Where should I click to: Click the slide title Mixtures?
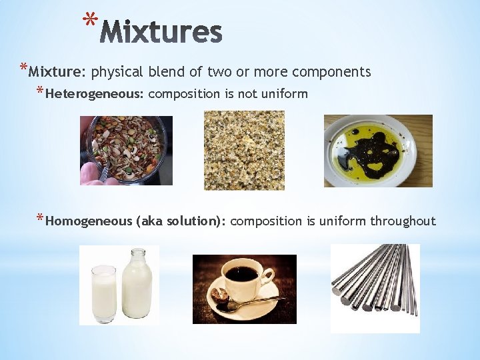163,31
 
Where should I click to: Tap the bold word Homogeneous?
89,221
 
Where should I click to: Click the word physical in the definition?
115,72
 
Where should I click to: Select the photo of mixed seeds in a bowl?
126,151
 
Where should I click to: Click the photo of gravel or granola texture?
244,151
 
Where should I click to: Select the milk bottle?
137,283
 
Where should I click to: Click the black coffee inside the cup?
241,274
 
